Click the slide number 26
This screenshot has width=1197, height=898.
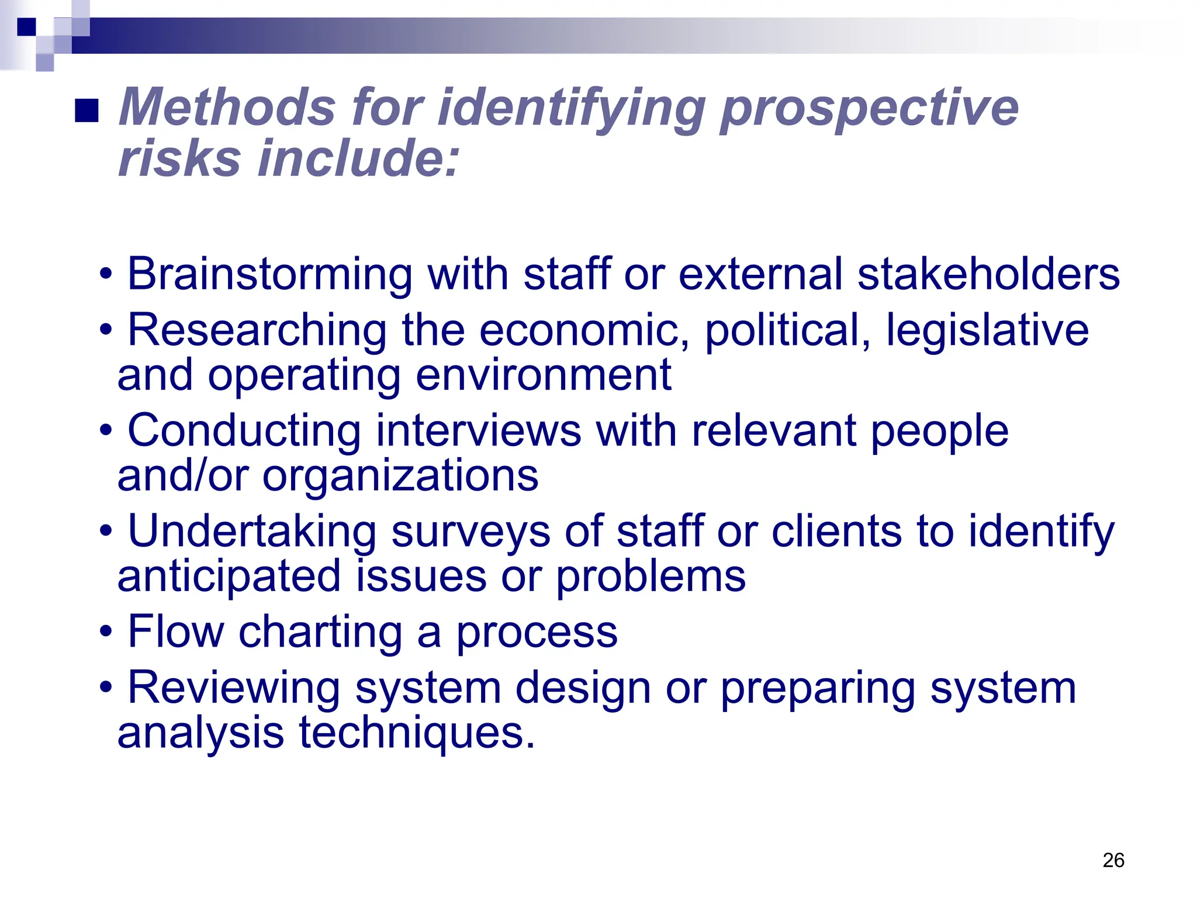(1113, 860)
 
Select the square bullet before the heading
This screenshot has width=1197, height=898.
(87, 110)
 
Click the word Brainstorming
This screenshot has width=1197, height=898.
(269, 275)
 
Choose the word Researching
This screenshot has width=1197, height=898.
(257, 331)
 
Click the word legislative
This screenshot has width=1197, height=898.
(987, 331)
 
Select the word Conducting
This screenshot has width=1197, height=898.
(244, 431)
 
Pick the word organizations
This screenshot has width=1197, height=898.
(400, 475)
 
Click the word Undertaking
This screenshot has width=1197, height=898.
(252, 531)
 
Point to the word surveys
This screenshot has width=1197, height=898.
(471, 531)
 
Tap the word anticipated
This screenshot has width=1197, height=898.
(229, 576)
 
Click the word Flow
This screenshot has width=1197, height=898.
(176, 631)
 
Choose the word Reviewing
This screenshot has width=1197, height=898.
(234, 688)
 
